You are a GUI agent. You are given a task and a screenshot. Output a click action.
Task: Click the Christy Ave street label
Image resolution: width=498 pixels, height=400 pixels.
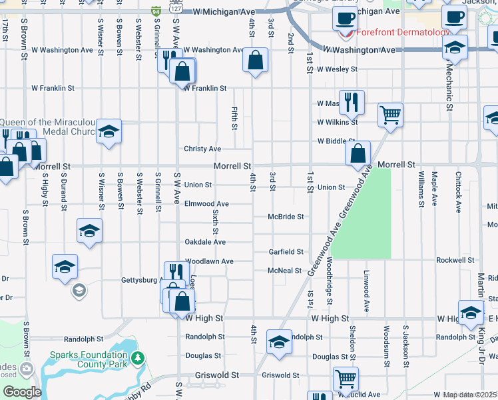[x=202, y=149]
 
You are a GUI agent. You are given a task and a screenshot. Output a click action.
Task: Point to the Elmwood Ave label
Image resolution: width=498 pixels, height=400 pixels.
[x=206, y=203]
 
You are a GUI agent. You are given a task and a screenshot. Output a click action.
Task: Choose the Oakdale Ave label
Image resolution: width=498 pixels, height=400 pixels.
[x=205, y=242]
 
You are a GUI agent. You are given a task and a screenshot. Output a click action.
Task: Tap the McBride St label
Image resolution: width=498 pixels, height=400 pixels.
[x=286, y=217]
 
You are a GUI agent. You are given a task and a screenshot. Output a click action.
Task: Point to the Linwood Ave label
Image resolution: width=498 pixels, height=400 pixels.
[x=366, y=291]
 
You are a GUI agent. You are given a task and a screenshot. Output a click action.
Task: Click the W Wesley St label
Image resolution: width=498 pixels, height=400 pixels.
[x=337, y=69]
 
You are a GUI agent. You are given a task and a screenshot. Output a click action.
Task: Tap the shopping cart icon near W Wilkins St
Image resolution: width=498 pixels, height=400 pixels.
[x=390, y=114]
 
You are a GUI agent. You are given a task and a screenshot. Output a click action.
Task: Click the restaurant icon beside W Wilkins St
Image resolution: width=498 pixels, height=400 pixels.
[x=352, y=101]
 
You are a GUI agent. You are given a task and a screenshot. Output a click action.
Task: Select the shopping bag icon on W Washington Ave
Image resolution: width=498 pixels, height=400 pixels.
[x=256, y=60]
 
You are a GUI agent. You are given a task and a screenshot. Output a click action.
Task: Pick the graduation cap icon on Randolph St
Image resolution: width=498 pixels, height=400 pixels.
[x=278, y=341]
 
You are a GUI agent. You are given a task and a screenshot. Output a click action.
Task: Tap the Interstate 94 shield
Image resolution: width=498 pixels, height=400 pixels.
[x=155, y=11]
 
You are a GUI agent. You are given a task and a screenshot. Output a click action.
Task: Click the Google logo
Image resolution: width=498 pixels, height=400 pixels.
[x=22, y=392]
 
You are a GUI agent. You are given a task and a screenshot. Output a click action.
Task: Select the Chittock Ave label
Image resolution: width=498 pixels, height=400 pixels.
[x=458, y=192]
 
